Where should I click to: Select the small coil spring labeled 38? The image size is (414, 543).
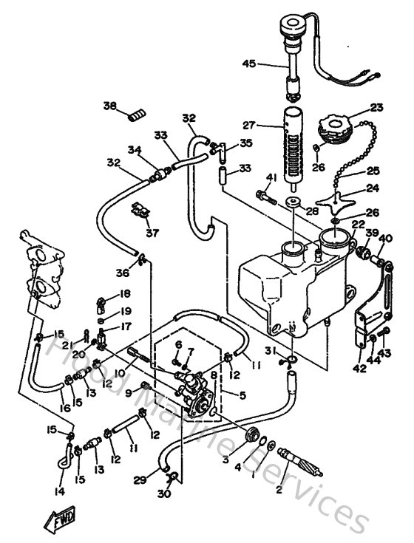click(135, 113)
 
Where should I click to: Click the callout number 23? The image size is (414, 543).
click(376, 107)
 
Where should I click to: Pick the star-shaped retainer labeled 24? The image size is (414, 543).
click(339, 198)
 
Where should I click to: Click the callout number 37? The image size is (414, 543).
click(152, 233)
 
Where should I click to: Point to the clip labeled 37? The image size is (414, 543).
click(140, 211)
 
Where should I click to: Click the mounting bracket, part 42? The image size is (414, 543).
click(368, 318)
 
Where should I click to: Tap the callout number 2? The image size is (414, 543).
click(278, 488)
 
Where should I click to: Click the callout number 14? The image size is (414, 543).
click(59, 491)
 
